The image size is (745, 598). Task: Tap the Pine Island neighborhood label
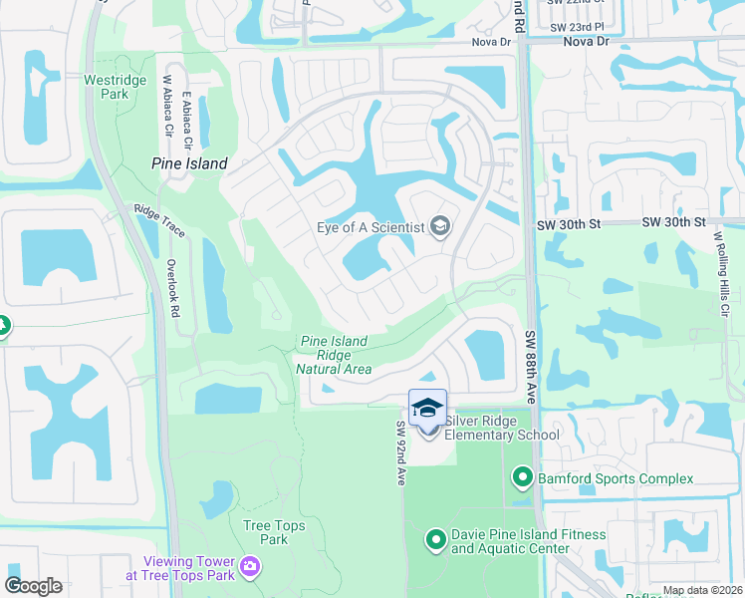point(189,163)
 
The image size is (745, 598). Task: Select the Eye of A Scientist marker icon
point(439,226)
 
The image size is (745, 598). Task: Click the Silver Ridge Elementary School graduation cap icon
point(428,408)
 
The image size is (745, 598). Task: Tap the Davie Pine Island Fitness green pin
point(435,541)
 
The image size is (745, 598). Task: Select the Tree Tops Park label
point(265,532)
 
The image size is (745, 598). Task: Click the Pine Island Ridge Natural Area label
point(334,356)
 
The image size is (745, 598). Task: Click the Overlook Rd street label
point(172,289)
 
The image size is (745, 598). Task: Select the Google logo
point(34,585)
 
